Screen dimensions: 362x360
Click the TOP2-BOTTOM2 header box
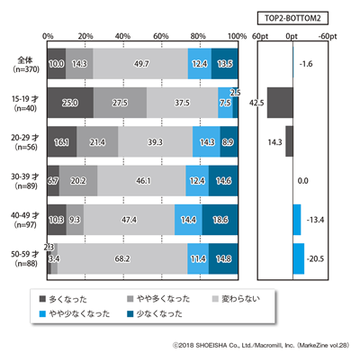point(292,16)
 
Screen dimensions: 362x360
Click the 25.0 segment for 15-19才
point(68,103)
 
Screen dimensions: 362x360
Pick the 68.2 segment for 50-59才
point(121,257)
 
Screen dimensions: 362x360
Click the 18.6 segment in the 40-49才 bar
point(220,218)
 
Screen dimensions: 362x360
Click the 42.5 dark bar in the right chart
point(280,103)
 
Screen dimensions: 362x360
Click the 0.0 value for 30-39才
point(302,180)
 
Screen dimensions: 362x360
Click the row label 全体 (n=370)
point(25,65)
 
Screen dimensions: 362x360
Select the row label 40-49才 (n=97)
point(25,218)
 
